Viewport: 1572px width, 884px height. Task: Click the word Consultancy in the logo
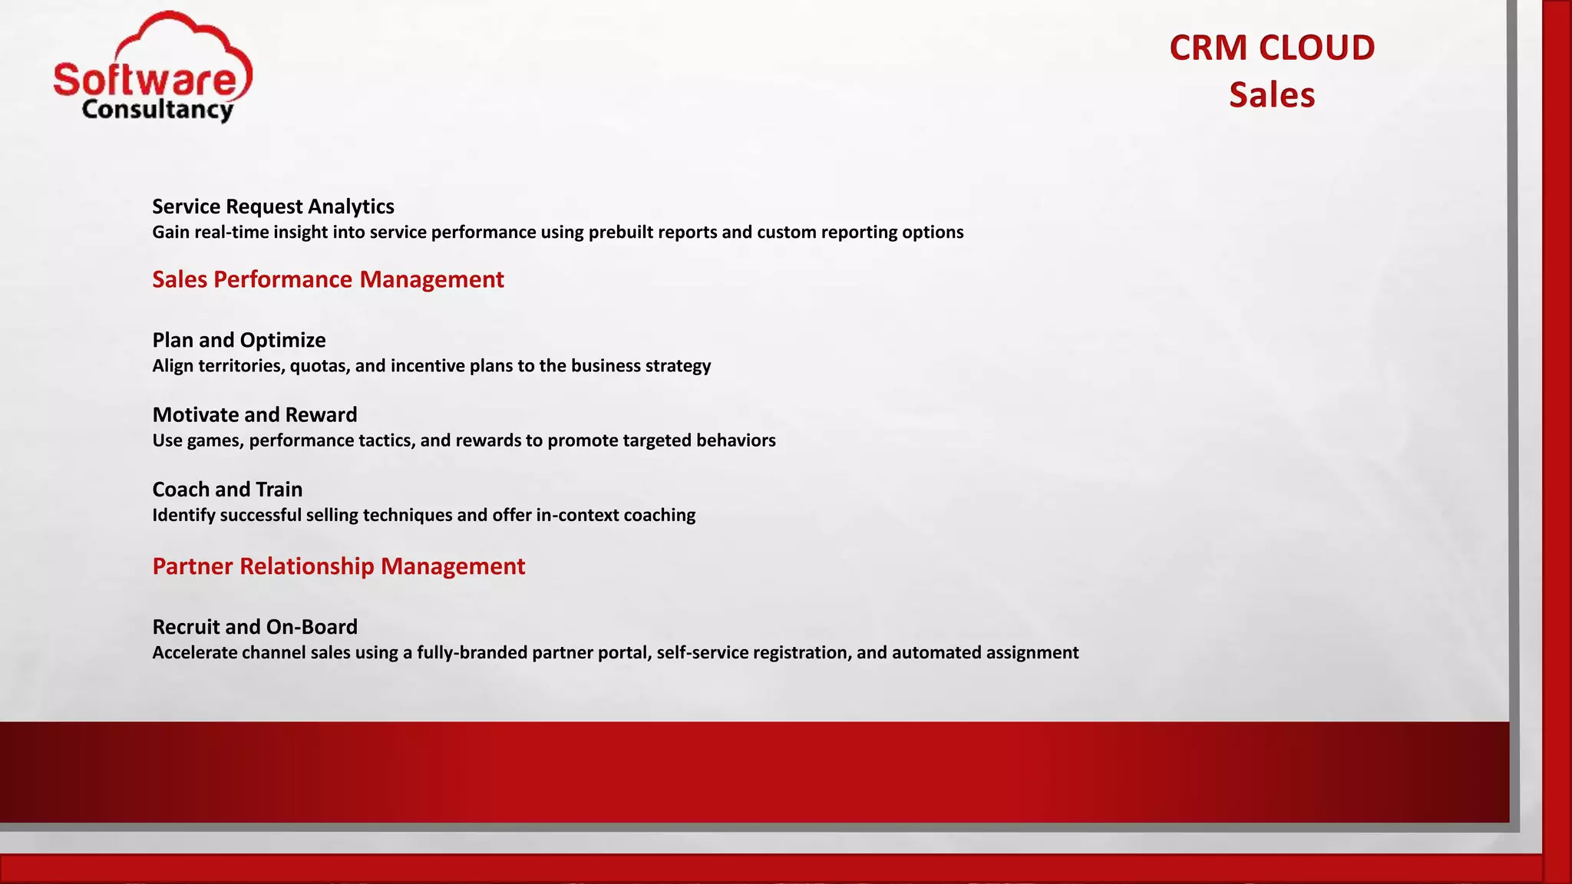pyautogui.click(x=157, y=110)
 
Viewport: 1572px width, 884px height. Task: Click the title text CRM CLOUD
pyautogui.click(x=1271, y=48)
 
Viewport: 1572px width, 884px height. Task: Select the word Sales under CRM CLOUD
pyautogui.click(x=1271, y=95)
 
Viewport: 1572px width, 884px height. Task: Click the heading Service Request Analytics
pyautogui.click(x=272, y=206)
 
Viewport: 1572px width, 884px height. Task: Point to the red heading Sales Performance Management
pyautogui.click(x=328, y=279)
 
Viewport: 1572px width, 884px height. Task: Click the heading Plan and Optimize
pyautogui.click(x=239, y=340)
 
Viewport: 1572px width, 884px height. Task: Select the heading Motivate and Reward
pyautogui.click(x=254, y=414)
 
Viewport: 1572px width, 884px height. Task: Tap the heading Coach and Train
pyautogui.click(x=227, y=489)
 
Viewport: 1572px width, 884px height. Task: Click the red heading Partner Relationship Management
pyautogui.click(x=339, y=566)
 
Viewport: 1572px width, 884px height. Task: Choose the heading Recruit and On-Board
pyautogui.click(x=254, y=627)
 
